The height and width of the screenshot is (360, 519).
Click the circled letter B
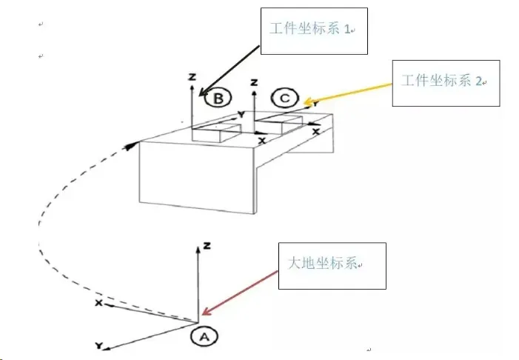tap(219, 98)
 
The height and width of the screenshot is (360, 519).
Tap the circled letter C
tap(285, 98)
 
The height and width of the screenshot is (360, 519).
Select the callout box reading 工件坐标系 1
tap(313, 30)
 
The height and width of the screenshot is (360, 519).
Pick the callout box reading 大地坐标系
tap(332, 265)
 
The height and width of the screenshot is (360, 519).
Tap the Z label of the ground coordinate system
tap(209, 245)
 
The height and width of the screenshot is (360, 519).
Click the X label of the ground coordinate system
tap(97, 304)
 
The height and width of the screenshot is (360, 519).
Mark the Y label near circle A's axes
tap(98, 346)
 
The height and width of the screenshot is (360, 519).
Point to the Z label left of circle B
tap(192, 76)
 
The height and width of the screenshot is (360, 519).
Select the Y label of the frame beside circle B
tap(241, 115)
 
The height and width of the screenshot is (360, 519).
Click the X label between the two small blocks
tap(261, 139)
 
